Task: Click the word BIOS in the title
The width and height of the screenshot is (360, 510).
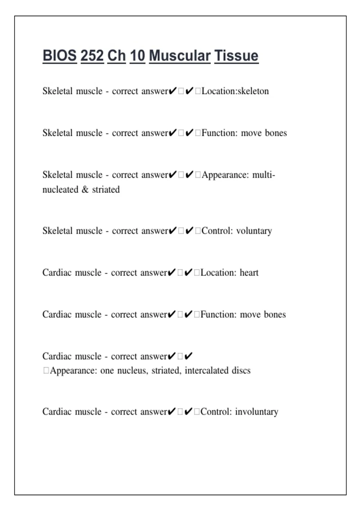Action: (59, 56)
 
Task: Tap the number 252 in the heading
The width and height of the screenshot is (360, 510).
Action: (92, 56)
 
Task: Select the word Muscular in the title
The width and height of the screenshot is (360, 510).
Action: (180, 56)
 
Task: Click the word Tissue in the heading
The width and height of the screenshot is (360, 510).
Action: (236, 56)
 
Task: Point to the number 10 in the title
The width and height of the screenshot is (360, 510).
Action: (137, 56)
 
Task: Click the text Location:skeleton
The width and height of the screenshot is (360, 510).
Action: (235, 91)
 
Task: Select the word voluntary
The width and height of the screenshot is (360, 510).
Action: (254, 231)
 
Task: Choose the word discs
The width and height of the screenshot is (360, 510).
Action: (241, 370)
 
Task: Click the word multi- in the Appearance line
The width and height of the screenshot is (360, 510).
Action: (264, 175)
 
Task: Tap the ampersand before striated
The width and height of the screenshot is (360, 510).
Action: (85, 189)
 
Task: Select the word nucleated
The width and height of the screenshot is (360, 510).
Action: (60, 189)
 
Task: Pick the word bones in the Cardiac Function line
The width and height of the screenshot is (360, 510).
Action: (275, 314)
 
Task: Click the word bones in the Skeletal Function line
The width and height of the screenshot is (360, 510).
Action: (276, 133)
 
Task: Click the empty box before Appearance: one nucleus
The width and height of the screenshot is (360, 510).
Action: (46, 370)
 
